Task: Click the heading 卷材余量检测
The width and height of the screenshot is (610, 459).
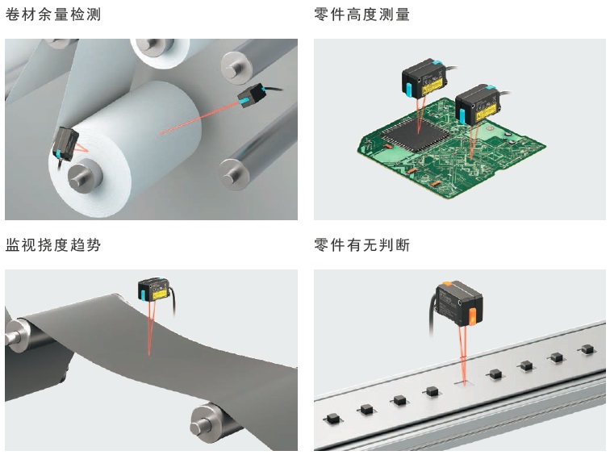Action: pyautogui.click(x=53, y=15)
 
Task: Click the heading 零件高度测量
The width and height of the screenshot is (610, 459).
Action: pyautogui.click(x=361, y=15)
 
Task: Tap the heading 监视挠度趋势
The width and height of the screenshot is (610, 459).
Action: pyautogui.click(x=53, y=245)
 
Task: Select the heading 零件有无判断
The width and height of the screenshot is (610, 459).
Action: pyautogui.click(x=361, y=245)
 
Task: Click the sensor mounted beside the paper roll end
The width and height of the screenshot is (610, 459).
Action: pyautogui.click(x=65, y=144)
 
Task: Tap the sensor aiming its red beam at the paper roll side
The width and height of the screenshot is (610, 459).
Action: pyautogui.click(x=252, y=95)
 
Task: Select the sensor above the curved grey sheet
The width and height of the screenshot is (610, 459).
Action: pyautogui.click(x=154, y=290)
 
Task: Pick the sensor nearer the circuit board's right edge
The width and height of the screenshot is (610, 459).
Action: pyautogui.click(x=478, y=105)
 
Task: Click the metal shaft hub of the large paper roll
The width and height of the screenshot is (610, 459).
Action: pyautogui.click(x=83, y=177)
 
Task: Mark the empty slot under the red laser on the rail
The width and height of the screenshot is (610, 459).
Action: pyautogui.click(x=464, y=383)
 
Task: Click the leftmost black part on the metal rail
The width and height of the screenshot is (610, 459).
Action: pyautogui.click(x=332, y=419)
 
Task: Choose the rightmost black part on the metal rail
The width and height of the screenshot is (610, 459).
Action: pyautogui.click(x=587, y=349)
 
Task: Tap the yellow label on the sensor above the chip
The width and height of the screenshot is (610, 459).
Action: pyautogui.click(x=432, y=85)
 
